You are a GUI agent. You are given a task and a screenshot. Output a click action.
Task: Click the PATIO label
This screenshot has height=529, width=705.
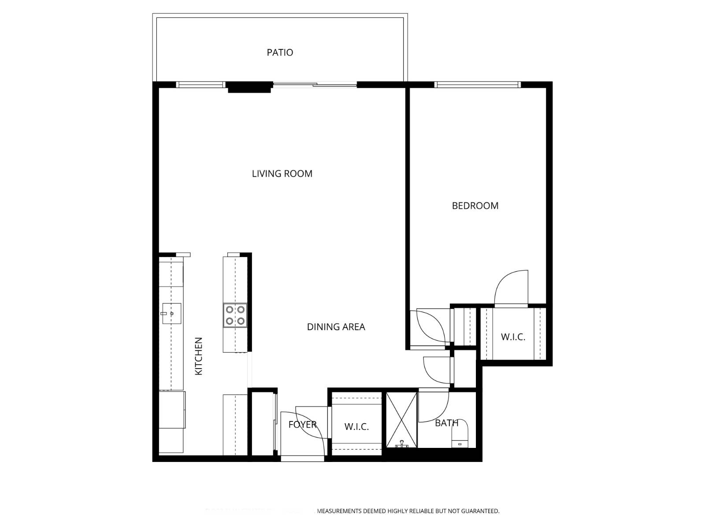(x=280, y=52)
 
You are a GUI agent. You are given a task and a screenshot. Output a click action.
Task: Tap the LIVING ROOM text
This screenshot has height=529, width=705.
(x=282, y=174)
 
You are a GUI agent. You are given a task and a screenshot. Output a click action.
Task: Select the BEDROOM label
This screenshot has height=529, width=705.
(x=475, y=206)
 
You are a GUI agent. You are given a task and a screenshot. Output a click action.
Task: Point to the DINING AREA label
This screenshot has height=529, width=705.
(x=336, y=327)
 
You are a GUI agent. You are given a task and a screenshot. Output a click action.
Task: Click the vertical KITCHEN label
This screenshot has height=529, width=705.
(x=199, y=356)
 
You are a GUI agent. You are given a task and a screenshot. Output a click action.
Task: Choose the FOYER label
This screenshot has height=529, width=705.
(x=302, y=425)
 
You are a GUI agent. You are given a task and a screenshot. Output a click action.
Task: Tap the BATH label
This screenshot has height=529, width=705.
(x=446, y=423)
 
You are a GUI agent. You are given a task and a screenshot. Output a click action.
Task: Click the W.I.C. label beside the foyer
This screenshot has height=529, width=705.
(x=356, y=427)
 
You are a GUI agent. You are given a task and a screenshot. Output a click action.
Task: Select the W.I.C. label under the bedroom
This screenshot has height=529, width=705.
(x=513, y=337)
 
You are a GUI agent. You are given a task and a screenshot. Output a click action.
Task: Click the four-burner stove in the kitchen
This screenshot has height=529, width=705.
(x=235, y=315)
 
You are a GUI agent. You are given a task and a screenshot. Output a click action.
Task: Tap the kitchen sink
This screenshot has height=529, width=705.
(x=171, y=313)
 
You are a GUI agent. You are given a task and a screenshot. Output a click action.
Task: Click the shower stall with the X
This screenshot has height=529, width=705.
(x=401, y=419)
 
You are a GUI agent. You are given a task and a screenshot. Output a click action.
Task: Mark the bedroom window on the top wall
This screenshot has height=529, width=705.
(x=477, y=85)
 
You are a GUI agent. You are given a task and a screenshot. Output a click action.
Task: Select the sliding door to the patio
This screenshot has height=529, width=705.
(x=315, y=85)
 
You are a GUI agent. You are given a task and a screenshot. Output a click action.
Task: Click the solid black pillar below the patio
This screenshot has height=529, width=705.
(x=249, y=87)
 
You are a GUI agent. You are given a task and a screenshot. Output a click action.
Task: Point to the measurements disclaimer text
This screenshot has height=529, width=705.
(x=408, y=511)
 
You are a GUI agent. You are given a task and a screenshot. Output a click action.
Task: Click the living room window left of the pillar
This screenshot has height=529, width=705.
(x=201, y=85)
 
